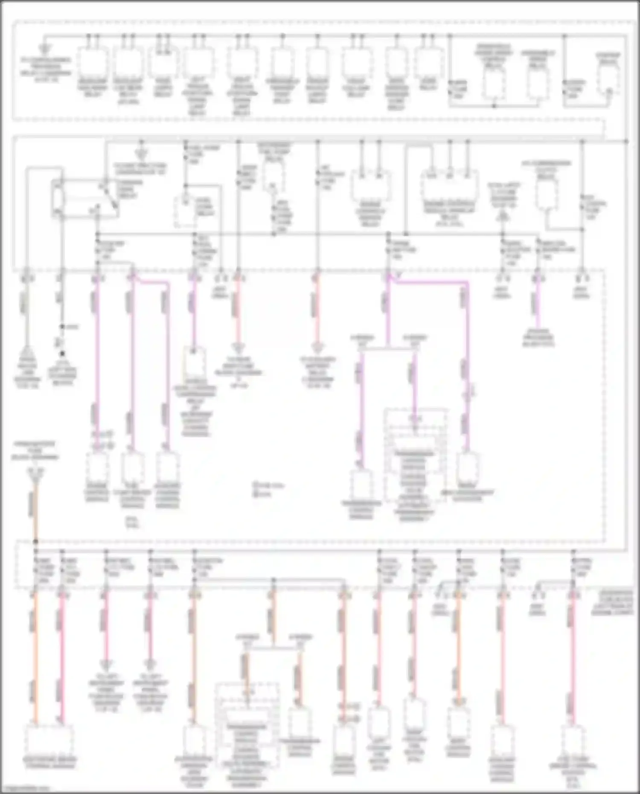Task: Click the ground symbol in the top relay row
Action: (44, 49)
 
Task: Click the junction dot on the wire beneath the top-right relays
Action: (494, 105)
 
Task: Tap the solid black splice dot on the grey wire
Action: (62, 354)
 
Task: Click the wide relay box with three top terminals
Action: (449, 186)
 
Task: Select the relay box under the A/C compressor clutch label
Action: (547, 195)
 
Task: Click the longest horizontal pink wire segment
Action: (431, 282)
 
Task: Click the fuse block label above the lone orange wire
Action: (35, 451)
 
